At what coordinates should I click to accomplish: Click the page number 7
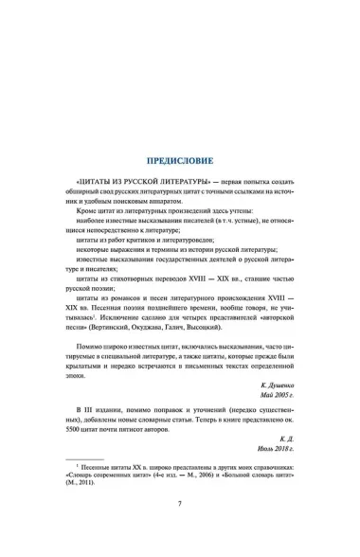[x=179, y=529]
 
